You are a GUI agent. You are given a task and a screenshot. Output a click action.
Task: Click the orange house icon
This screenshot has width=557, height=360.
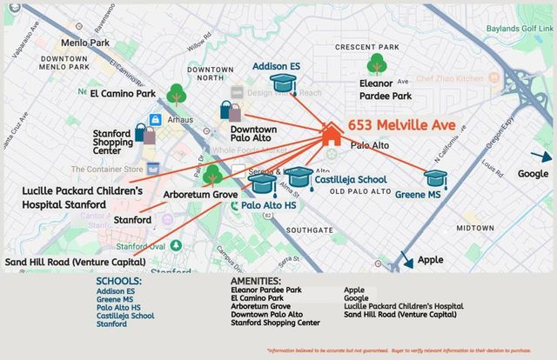[331, 133]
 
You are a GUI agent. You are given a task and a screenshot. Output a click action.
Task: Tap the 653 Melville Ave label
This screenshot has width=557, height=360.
[401, 126]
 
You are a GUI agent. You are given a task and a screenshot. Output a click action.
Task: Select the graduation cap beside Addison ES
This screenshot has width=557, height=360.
[283, 83]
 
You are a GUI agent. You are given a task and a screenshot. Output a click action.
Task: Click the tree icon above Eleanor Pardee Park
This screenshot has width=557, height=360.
[377, 63]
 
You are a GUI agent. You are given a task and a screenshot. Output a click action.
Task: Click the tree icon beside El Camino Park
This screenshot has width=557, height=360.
[177, 92]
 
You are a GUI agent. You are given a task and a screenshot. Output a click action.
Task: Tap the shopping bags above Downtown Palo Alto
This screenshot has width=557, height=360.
[231, 110]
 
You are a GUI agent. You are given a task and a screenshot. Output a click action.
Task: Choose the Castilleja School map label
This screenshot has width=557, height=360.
[343, 179]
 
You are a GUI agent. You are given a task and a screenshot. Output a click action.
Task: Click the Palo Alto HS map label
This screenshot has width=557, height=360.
[270, 205]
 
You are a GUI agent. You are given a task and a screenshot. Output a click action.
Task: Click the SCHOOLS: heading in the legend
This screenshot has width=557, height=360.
[118, 281]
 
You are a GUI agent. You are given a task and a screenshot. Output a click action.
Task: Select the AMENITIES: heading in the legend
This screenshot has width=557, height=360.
[255, 281]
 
